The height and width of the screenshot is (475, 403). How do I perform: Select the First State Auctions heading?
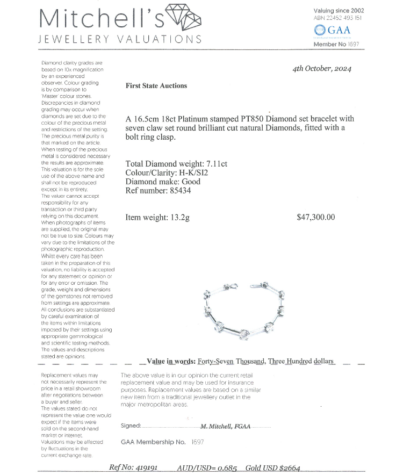156,85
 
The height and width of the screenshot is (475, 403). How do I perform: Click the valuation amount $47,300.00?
315,218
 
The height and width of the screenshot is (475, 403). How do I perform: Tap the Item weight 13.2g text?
157,218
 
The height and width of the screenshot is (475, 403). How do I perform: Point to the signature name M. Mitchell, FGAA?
225,426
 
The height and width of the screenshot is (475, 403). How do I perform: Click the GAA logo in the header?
332,30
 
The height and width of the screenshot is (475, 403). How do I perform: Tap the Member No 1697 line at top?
336,44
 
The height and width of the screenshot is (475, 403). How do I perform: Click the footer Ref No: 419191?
133,467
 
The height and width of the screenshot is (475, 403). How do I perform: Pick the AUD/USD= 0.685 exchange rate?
207,467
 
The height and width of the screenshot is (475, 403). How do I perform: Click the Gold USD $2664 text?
273,467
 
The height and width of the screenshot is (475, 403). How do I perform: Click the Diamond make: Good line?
162,182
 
